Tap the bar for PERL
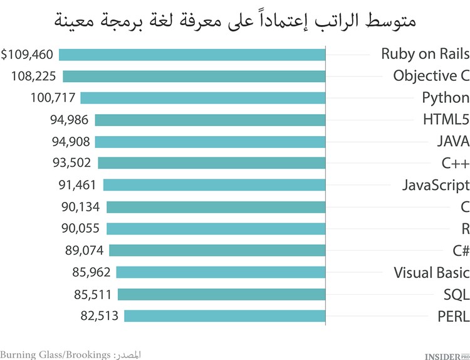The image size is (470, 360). pos(224,315)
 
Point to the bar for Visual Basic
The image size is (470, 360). pos(221,272)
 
